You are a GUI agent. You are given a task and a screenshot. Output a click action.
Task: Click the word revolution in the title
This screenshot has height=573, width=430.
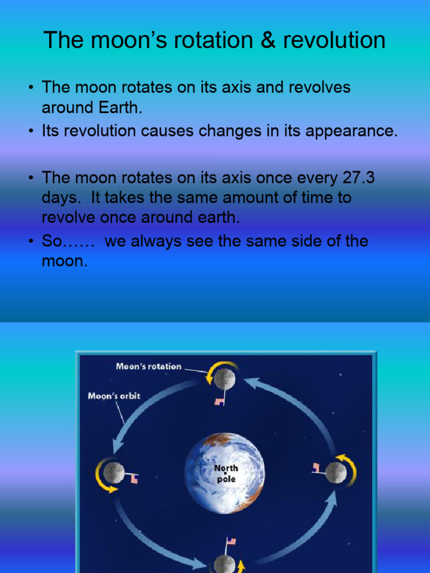tap(342, 40)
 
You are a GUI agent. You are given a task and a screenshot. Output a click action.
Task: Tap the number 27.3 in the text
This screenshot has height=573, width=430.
tap(357, 177)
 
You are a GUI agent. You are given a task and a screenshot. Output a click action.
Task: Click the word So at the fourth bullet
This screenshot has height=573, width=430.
tap(52, 241)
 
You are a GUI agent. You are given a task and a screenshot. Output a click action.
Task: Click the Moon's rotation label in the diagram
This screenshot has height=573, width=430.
tap(148, 367)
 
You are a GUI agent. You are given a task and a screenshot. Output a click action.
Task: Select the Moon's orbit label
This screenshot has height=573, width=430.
tap(114, 396)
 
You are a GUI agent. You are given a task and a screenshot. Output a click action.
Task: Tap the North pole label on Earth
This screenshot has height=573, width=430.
tap(226, 473)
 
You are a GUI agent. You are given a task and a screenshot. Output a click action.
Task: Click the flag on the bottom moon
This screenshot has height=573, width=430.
tap(230, 542)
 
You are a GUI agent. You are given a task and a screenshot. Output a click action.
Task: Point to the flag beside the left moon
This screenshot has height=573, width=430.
tap(134, 478)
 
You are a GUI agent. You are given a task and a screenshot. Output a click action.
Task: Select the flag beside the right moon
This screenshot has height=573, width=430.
tap(316, 467)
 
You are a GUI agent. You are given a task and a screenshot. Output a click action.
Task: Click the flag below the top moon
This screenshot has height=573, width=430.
tap(219, 401)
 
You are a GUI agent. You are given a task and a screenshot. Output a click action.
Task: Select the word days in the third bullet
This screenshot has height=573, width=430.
tap(60, 198)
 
